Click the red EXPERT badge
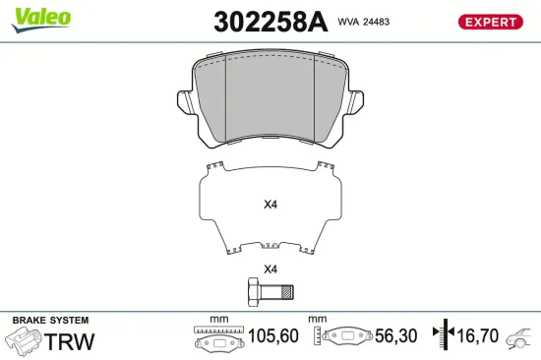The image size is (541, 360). (x=490, y=22)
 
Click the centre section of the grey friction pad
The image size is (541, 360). (x=270, y=96)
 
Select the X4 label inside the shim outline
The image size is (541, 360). (x=270, y=206)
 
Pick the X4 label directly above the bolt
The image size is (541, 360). (x=270, y=270)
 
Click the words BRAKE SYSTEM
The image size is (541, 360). (x=49, y=321)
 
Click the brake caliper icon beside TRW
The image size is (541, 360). (x=24, y=341)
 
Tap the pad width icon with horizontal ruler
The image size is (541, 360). (x=213, y=338)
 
